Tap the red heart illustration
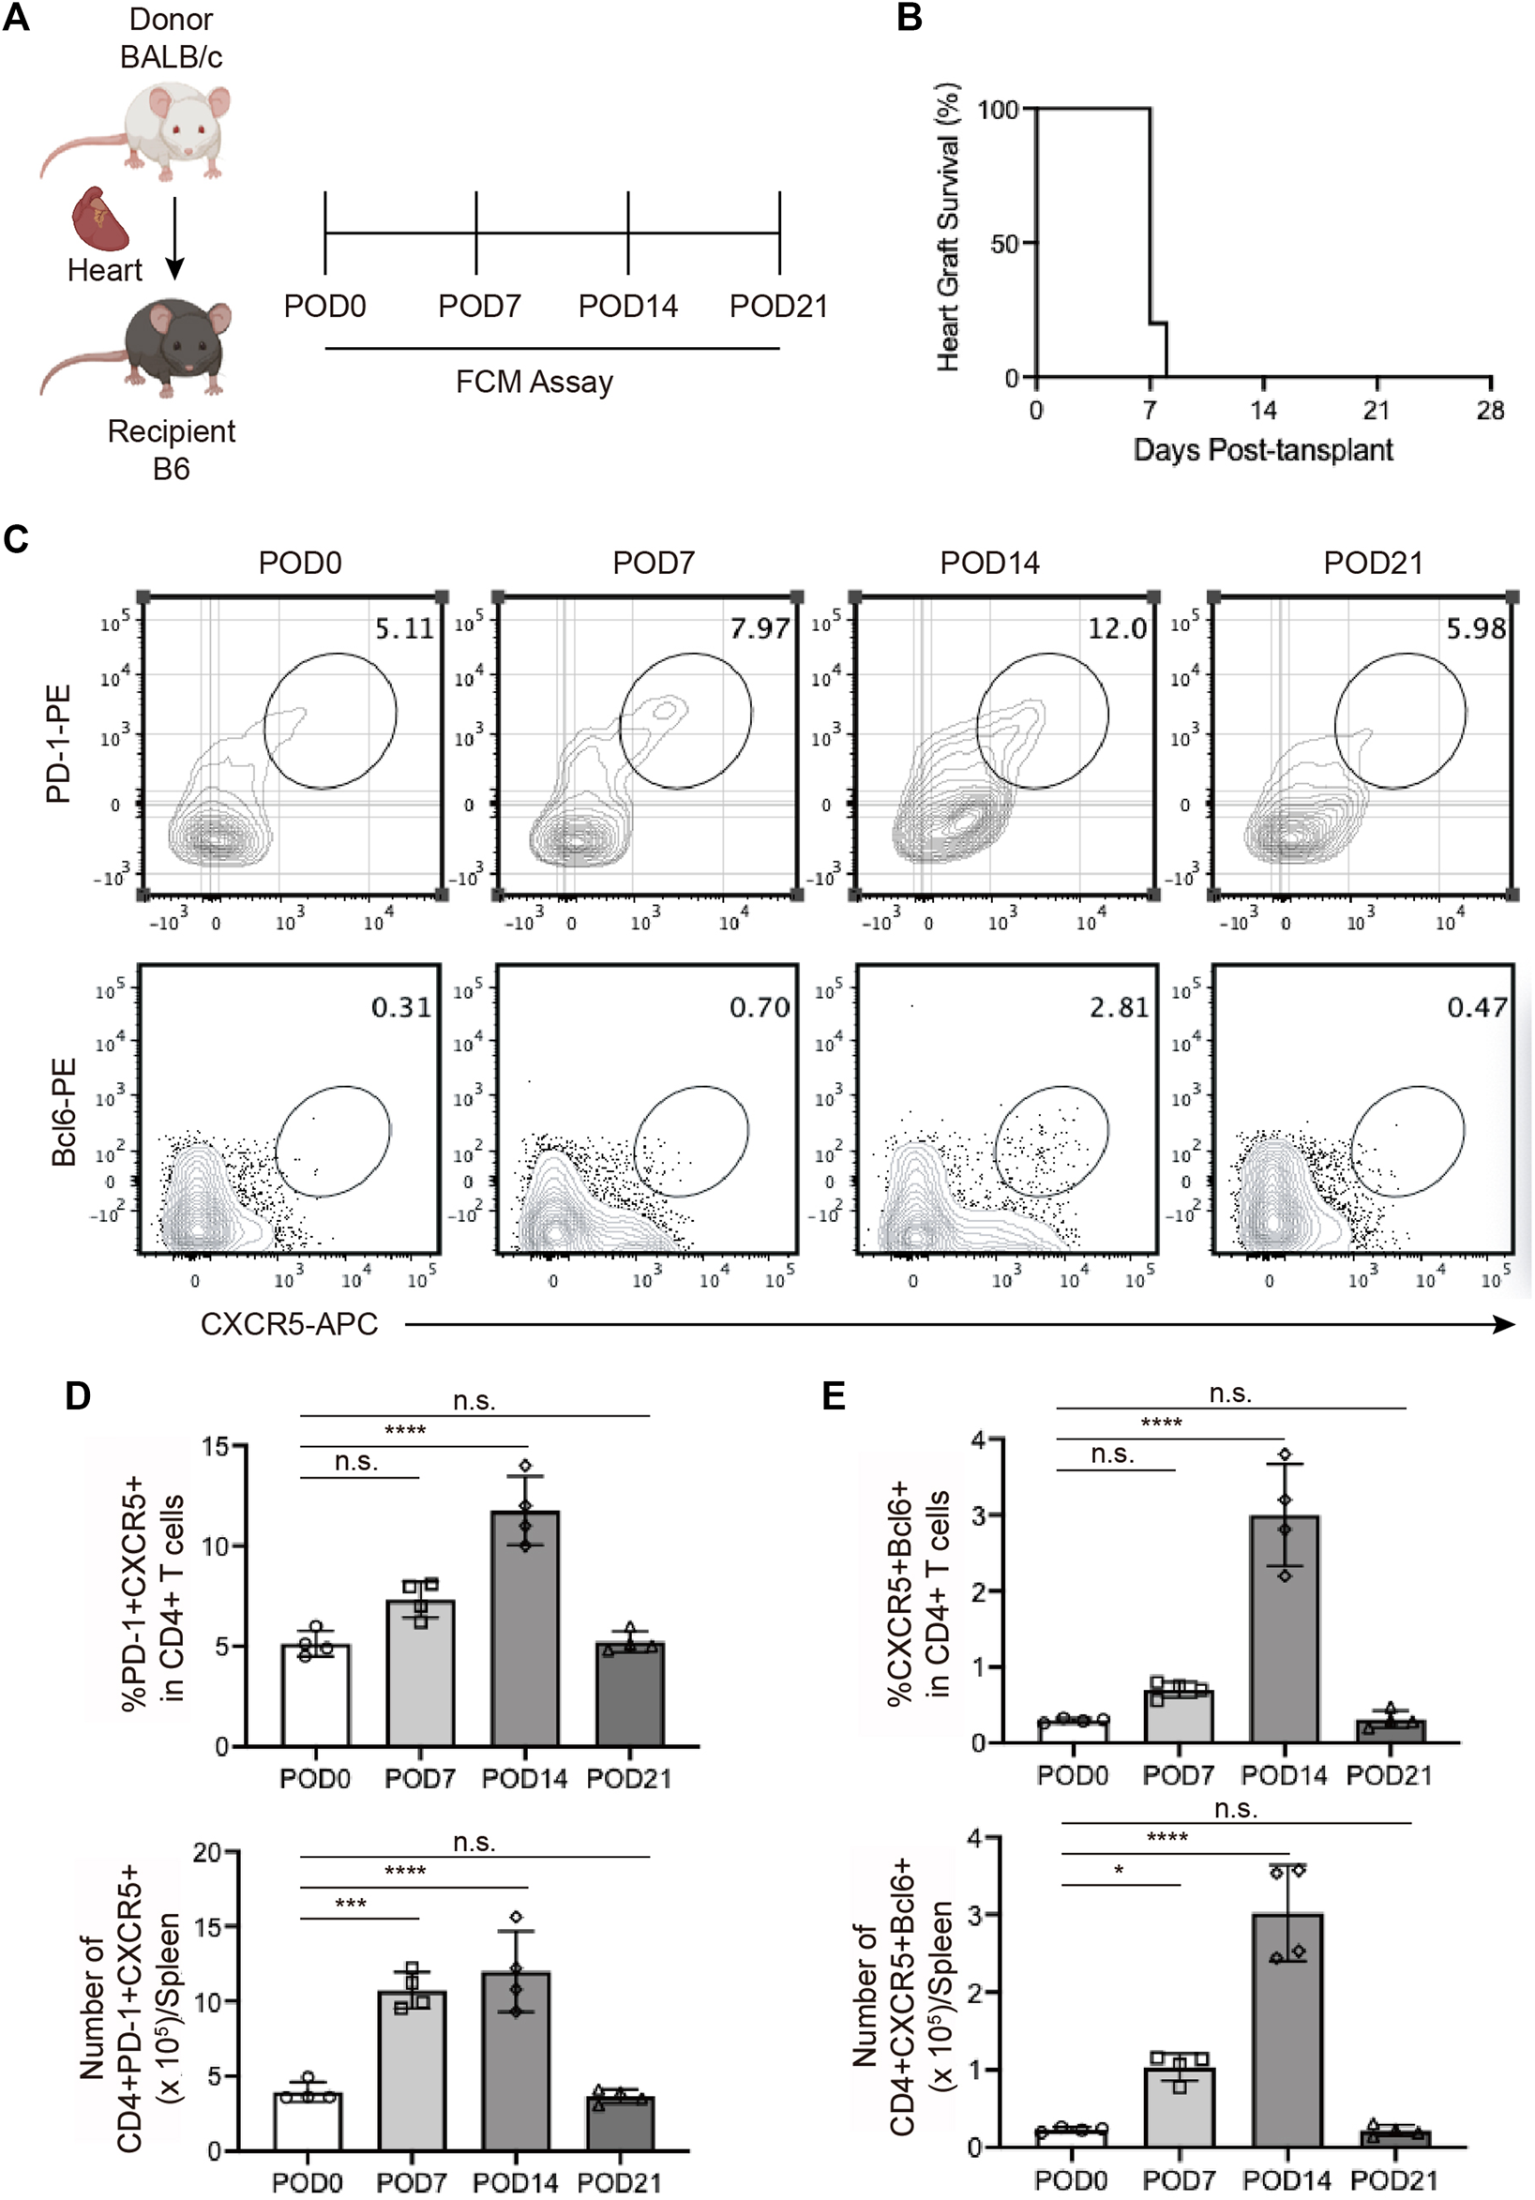(x=102, y=218)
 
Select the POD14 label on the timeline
(x=627, y=307)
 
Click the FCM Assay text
(x=534, y=383)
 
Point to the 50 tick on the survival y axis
(x=1004, y=244)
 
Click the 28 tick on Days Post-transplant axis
(x=1490, y=411)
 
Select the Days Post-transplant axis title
(x=1263, y=449)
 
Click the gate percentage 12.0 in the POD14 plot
(x=1116, y=628)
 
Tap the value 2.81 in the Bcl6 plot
(x=1118, y=1007)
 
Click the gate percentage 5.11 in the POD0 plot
(x=403, y=628)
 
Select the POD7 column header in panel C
(x=653, y=563)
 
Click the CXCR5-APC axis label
(x=289, y=1324)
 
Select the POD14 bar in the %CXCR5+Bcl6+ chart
(x=1284, y=1628)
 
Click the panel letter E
(x=834, y=1396)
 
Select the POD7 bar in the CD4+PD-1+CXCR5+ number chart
(x=412, y=2071)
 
